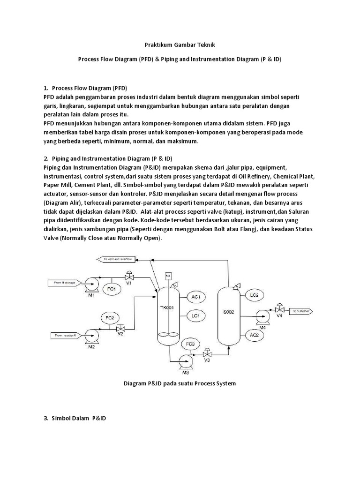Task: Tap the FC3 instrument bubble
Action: pos(190,345)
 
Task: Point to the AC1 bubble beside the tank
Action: pos(196,297)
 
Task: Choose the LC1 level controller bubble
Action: pos(196,316)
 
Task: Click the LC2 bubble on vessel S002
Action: pos(255,295)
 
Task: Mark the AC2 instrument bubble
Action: pos(255,335)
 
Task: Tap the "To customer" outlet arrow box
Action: pos(302,311)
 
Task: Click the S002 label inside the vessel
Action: pos(228,311)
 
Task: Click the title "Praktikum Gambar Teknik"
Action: pos(180,45)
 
